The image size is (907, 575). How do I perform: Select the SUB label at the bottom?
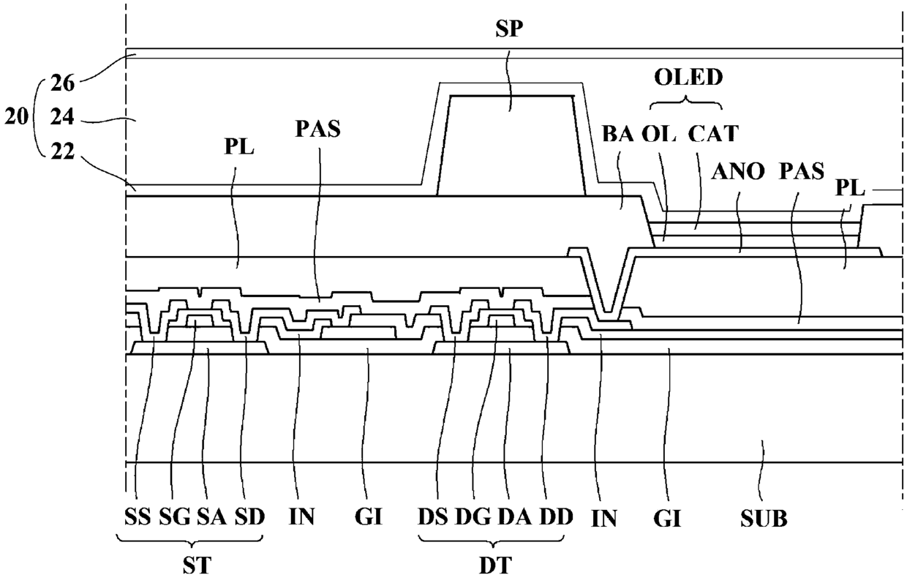point(764,519)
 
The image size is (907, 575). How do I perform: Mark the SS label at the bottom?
point(138,519)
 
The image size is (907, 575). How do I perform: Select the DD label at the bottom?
point(555,519)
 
